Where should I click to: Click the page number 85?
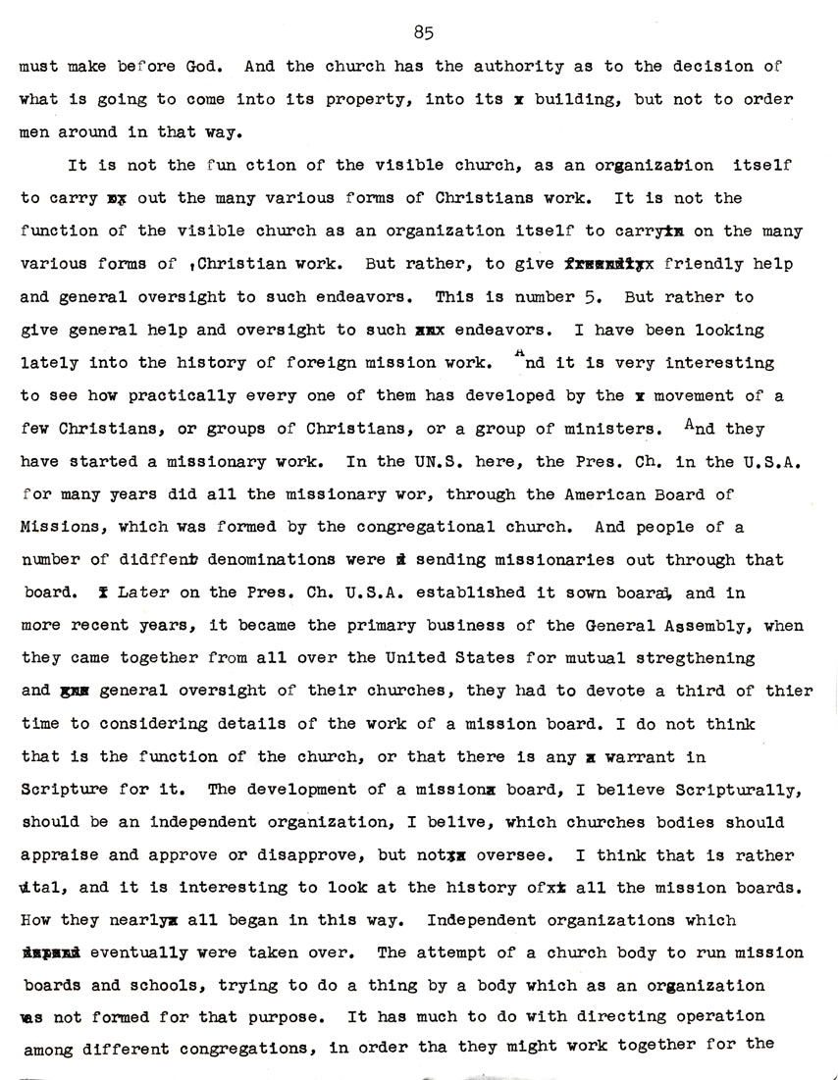[423, 32]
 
